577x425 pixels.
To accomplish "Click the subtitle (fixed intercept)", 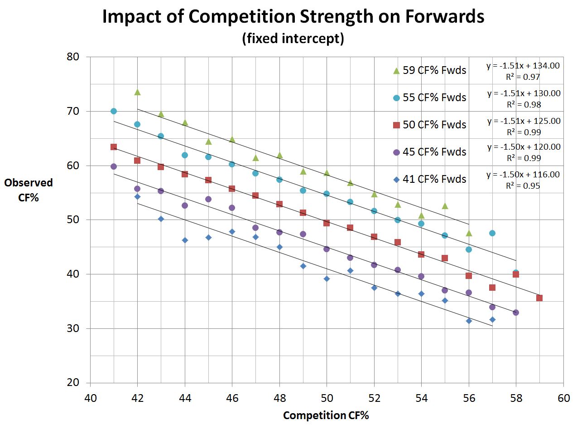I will (x=293, y=39).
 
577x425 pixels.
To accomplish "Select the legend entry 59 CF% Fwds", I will (x=434, y=70).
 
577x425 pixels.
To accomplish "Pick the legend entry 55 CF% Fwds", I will (x=434, y=98).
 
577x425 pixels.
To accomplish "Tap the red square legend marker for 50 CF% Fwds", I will (x=396, y=125).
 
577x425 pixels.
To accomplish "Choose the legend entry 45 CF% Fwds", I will (x=434, y=152).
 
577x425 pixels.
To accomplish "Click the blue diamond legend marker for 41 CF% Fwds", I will (x=396, y=179).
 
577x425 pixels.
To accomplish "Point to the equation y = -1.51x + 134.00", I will (x=523, y=66).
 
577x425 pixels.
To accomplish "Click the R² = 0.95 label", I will (x=523, y=186).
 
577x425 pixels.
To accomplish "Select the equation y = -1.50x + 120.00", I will (x=524, y=147).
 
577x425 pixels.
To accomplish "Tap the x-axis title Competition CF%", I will (x=326, y=415).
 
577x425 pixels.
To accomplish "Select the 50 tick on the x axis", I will (x=327, y=398).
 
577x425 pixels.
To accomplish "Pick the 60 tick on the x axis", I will (x=563, y=398).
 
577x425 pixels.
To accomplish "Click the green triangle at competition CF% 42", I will (x=137, y=92).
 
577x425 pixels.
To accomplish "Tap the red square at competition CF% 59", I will (x=539, y=298).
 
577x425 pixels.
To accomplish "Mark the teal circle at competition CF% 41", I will (x=114, y=111).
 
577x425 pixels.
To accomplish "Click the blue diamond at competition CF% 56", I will (x=469, y=321).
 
